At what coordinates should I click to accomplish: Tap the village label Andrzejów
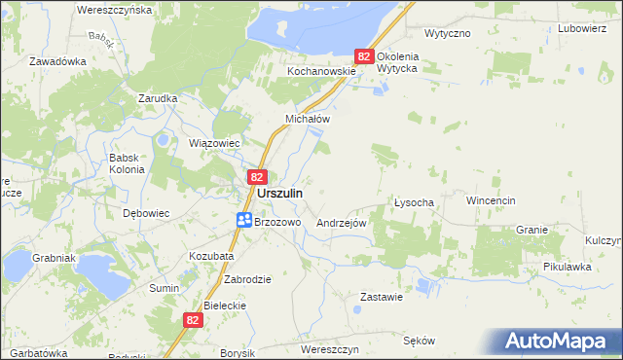click(x=341, y=223)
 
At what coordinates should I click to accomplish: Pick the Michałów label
click(x=308, y=119)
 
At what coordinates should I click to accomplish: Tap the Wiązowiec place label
click(x=214, y=143)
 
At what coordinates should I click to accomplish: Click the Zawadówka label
click(x=58, y=60)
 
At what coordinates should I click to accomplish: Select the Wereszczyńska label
click(x=114, y=9)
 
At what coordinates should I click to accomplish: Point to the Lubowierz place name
click(x=582, y=28)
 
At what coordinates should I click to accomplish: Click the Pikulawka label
click(x=568, y=266)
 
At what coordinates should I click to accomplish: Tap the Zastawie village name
click(x=382, y=297)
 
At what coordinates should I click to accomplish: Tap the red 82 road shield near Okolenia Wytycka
click(x=364, y=57)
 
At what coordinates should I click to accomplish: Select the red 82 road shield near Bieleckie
click(x=193, y=319)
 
